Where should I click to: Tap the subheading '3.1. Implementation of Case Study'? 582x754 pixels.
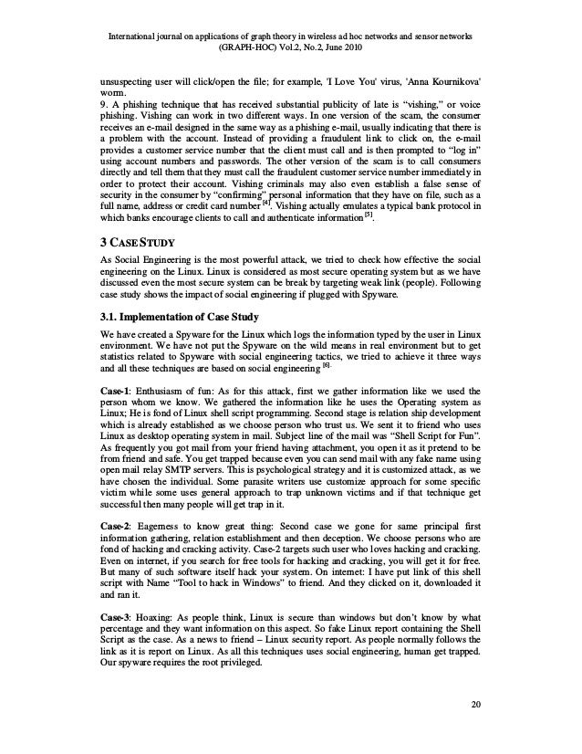(x=179, y=317)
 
